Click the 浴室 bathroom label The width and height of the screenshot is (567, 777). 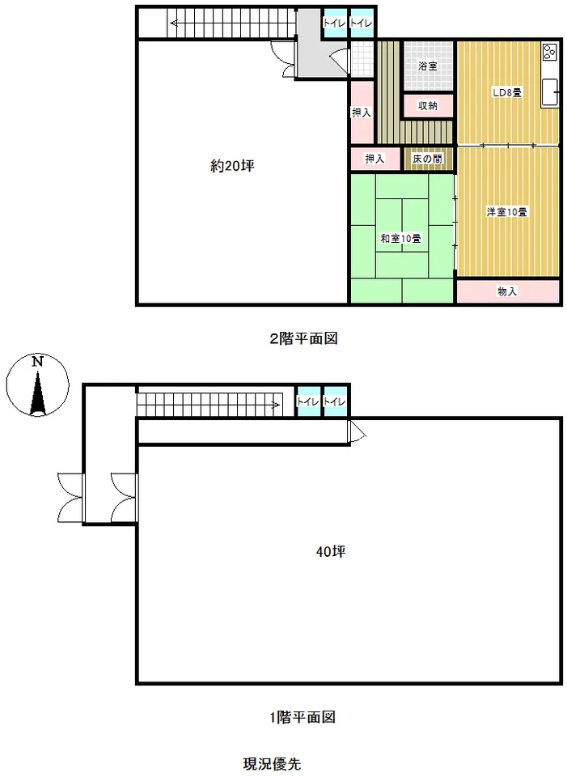pyautogui.click(x=428, y=66)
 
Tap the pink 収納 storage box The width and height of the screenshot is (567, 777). pyautogui.click(x=428, y=105)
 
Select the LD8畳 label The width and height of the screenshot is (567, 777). pyautogui.click(x=507, y=92)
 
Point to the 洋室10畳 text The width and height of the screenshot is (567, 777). pyautogui.click(x=506, y=212)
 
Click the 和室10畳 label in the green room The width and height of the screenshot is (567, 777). pyautogui.click(x=400, y=238)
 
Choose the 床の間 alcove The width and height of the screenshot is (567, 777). pyautogui.click(x=428, y=159)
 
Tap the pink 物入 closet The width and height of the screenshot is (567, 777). pyautogui.click(x=508, y=291)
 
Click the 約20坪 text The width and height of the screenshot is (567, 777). pyautogui.click(x=233, y=166)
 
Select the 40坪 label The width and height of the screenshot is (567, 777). pyautogui.click(x=331, y=551)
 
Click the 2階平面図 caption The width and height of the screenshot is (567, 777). pyautogui.click(x=303, y=338)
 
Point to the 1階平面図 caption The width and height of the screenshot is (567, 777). pyautogui.click(x=303, y=716)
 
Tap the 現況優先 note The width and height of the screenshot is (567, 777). pyautogui.click(x=272, y=763)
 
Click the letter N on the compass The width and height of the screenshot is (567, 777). pyautogui.click(x=38, y=361)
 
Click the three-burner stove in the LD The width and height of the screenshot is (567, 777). pyautogui.click(x=549, y=52)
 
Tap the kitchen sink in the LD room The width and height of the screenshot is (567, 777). pyautogui.click(x=550, y=92)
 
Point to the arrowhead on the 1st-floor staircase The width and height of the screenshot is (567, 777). pyautogui.click(x=277, y=405)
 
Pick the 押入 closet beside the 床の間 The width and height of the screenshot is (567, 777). pyautogui.click(x=374, y=159)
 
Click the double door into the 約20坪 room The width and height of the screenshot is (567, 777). pyautogui.click(x=284, y=59)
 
